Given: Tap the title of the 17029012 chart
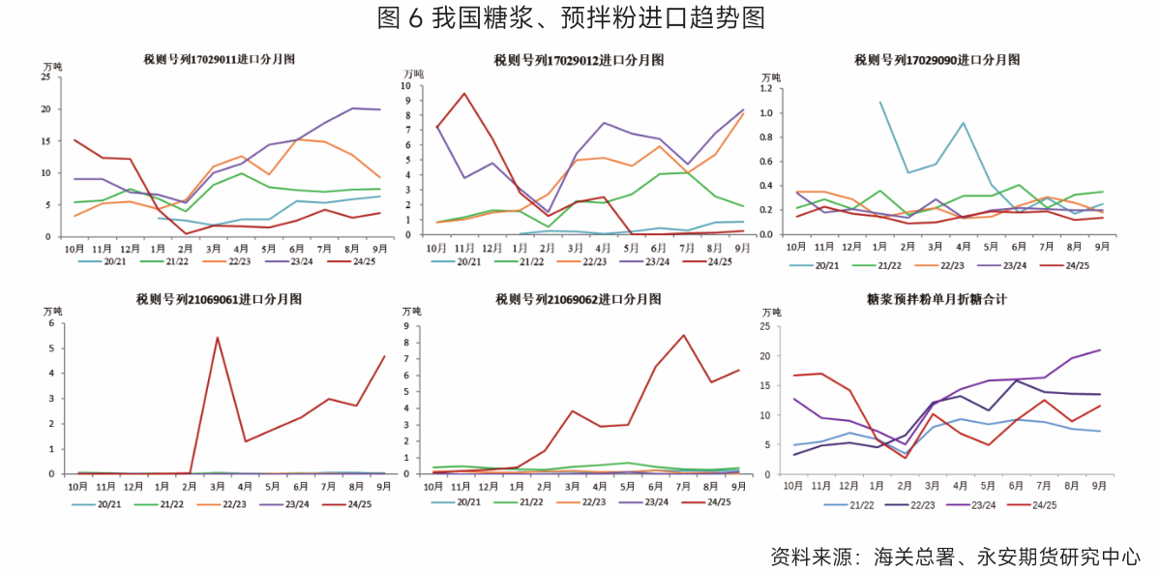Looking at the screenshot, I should click(x=579, y=60).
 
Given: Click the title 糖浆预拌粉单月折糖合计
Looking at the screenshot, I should click(x=937, y=300).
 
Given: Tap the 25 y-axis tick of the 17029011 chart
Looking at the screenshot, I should click(x=45, y=78).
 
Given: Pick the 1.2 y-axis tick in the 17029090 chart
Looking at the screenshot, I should click(x=768, y=89).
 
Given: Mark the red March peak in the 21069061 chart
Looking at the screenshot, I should click(x=218, y=338).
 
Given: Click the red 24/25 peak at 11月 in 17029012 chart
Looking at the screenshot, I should click(x=464, y=94).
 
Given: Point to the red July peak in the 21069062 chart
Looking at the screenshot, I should click(x=684, y=335).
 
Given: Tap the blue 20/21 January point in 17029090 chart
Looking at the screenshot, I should click(x=880, y=102).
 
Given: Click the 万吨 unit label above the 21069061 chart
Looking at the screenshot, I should click(x=51, y=312).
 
